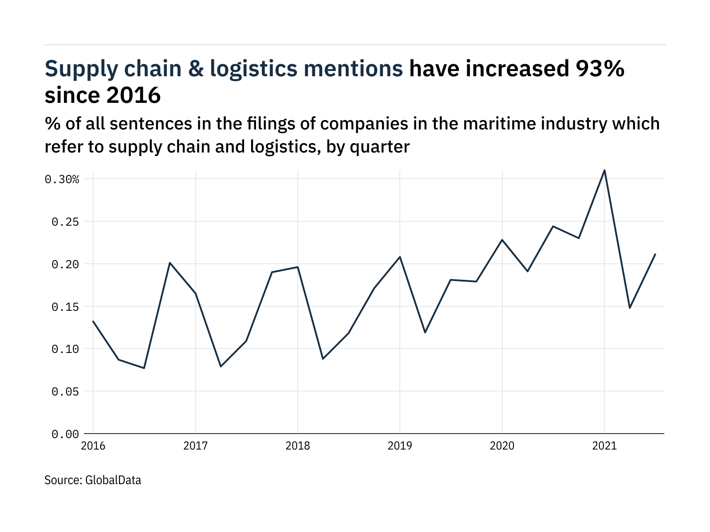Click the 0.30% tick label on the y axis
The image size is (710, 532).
[62, 179]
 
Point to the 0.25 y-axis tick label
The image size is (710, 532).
[65, 222]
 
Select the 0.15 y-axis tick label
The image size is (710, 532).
[65, 307]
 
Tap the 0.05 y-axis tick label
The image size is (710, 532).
[65, 391]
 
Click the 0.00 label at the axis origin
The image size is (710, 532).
[65, 434]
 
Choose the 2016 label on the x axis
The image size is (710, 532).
[93, 446]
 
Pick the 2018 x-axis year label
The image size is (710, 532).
[298, 446]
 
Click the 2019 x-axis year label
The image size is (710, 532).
[400, 446]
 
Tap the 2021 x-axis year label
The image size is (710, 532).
[604, 446]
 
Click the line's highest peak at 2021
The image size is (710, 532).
[604, 170]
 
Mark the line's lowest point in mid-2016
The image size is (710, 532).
[144, 368]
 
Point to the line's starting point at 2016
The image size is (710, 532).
[93, 321]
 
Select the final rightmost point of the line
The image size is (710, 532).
[655, 254]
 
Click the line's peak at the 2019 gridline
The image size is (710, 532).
[400, 257]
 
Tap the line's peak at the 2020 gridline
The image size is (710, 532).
[502, 240]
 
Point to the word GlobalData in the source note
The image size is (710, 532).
[113, 480]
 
